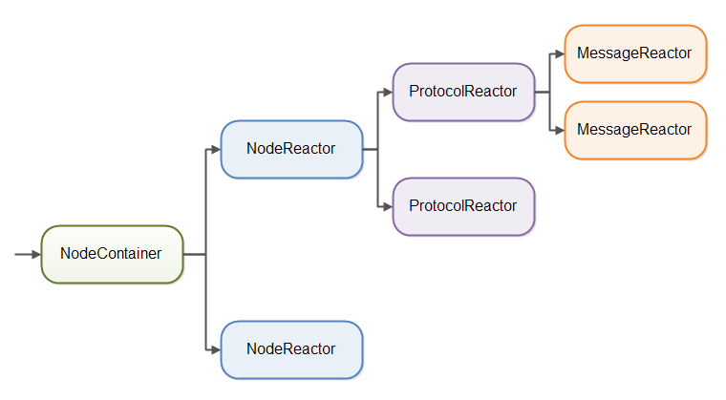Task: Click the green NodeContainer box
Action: point(111,254)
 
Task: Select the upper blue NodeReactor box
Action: point(291,149)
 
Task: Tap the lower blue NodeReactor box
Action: point(291,349)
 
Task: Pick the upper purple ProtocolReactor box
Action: point(463,92)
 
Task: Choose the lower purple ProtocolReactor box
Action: point(463,206)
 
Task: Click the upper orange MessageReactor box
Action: point(635,54)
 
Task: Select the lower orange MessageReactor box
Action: point(635,130)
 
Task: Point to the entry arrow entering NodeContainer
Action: point(28,255)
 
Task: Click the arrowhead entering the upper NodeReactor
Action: point(215,149)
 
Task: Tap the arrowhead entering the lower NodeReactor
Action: point(215,349)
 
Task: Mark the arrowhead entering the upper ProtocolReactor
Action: point(387,92)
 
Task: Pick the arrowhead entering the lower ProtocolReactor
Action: point(387,206)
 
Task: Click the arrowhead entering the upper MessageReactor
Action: point(559,54)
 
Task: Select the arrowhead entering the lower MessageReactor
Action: point(559,130)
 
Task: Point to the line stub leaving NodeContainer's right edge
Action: point(194,255)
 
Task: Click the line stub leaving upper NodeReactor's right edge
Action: point(371,149)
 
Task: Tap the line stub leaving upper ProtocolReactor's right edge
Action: point(543,92)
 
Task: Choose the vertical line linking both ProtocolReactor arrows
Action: point(378,177)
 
